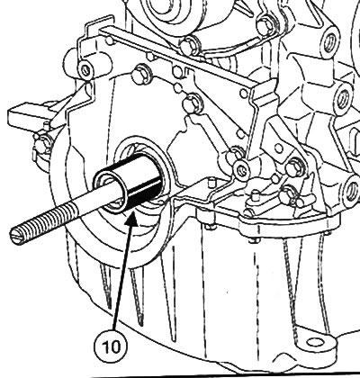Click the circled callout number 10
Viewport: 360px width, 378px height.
pyautogui.click(x=111, y=346)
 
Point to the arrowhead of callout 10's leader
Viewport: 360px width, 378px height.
pyautogui.click(x=132, y=219)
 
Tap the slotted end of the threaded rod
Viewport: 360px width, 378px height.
pyautogui.click(x=16, y=235)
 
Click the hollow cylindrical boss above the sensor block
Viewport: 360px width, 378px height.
pyautogui.click(x=85, y=69)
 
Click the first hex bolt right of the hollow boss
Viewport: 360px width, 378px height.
pyautogui.click(x=139, y=74)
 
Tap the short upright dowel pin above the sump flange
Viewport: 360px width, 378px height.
pyautogui.click(x=256, y=195)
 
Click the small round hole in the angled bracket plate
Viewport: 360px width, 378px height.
pyautogui.click(x=279, y=148)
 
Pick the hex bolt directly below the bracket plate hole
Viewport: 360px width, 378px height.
pyautogui.click(x=292, y=168)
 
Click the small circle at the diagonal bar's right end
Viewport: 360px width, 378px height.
pyautogui.click(x=243, y=93)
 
